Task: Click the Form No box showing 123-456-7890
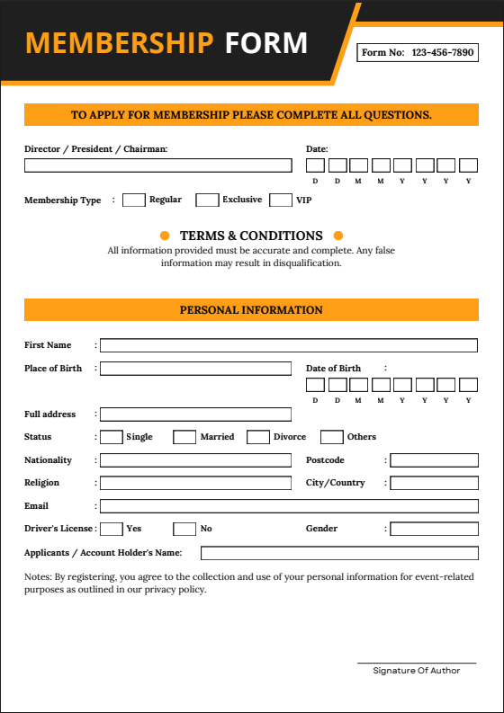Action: [418, 53]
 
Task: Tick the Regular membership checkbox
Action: [133, 200]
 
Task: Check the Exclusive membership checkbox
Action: [207, 200]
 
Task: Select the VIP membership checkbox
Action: [281, 200]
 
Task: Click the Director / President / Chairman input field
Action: [157, 165]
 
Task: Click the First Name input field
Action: [288, 345]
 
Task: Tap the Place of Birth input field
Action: [195, 369]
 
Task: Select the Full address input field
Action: [195, 414]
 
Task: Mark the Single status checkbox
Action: [112, 437]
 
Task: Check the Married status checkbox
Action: [184, 437]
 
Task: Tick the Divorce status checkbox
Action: [258, 437]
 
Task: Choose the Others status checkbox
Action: [332, 437]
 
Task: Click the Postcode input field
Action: [434, 460]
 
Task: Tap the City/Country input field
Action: [434, 483]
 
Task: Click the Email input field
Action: [288, 506]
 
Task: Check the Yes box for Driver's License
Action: [112, 529]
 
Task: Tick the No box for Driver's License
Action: [184, 529]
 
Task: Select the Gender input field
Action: [434, 529]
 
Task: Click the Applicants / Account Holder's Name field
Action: [339, 553]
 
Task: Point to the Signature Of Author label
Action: [416, 671]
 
